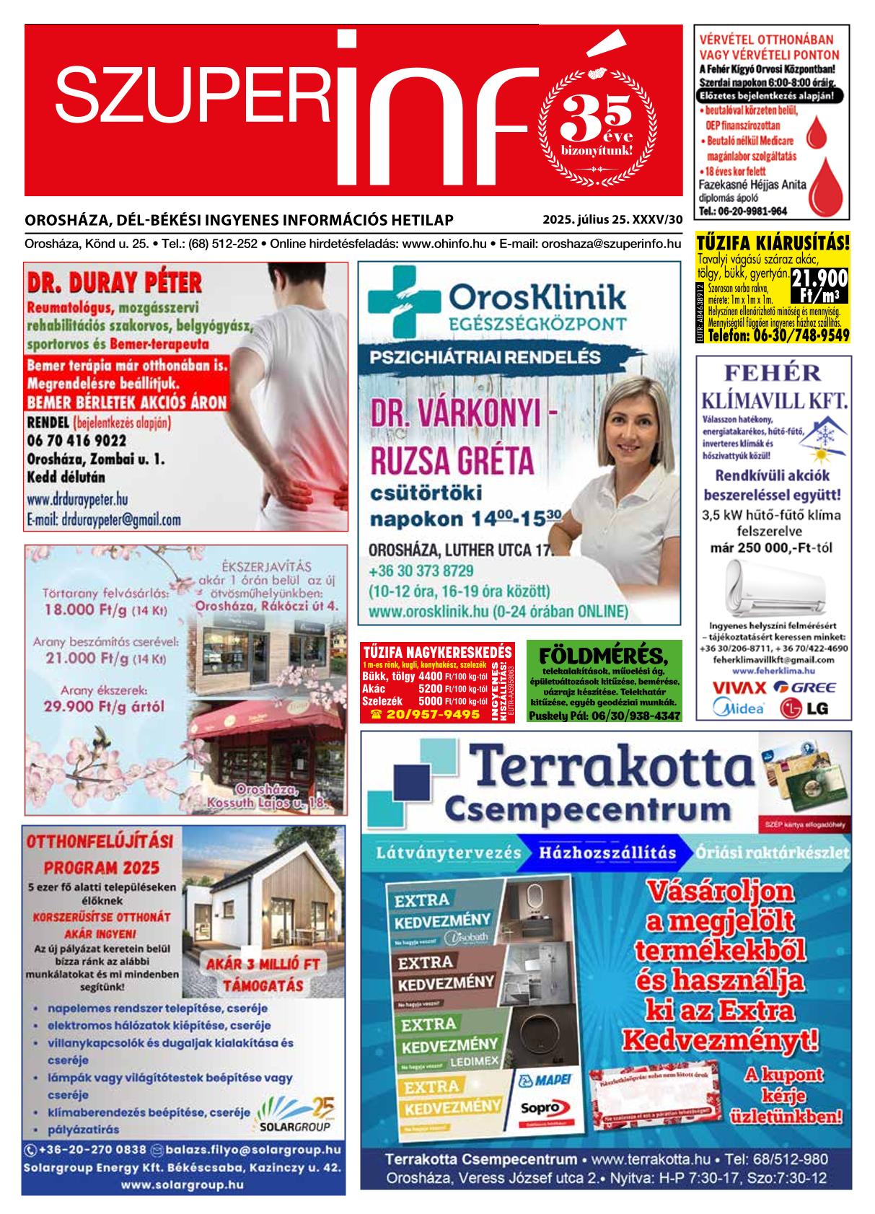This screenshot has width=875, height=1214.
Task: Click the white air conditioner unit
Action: (x=772, y=588)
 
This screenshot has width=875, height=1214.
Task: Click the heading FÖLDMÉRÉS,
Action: (x=604, y=654)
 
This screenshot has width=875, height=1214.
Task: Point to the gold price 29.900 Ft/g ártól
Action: (x=104, y=706)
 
